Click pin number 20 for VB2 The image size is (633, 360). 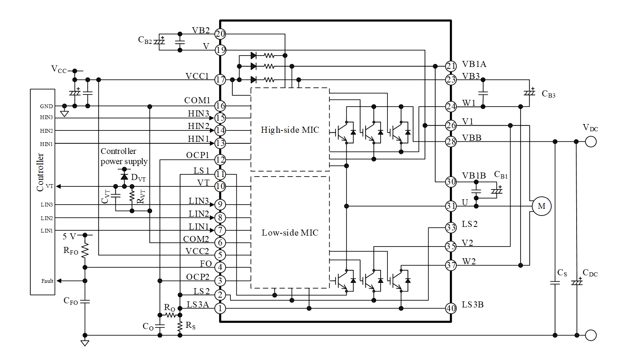220,34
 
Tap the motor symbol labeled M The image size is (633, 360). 541,206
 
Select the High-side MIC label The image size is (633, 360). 290,130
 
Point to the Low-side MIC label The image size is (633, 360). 290,233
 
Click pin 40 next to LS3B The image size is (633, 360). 451,308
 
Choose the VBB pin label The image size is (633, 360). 472,138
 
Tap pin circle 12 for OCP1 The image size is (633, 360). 220,160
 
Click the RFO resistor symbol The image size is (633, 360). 85,250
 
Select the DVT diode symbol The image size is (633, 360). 124,176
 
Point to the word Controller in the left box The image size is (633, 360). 40,172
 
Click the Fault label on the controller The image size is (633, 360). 47,281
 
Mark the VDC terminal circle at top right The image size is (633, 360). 591,142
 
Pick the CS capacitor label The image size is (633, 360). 562,273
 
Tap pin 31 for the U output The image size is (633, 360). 451,206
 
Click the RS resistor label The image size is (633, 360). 190,326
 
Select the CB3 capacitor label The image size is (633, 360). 548,94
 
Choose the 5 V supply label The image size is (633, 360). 69,237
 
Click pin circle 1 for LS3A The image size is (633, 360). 220,308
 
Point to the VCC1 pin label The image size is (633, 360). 197,76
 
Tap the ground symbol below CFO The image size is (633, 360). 85,343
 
